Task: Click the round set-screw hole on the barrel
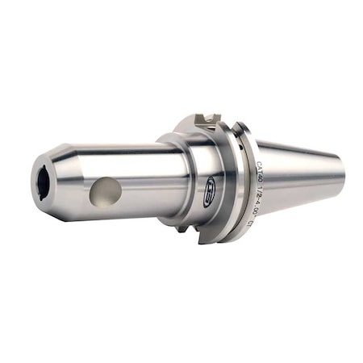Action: coord(106,191)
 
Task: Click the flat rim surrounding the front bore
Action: coord(37,181)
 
